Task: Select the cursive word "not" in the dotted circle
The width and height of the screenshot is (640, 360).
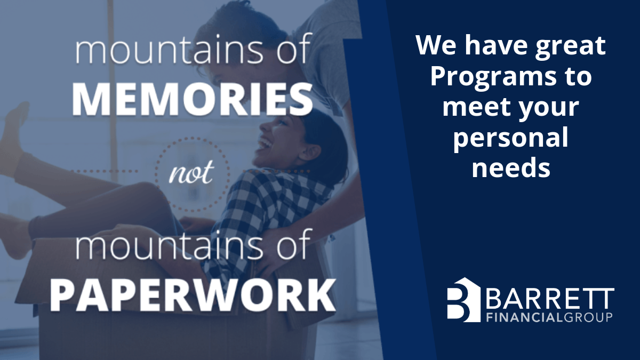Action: [191, 172]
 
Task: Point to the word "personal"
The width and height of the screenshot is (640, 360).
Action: [510, 139]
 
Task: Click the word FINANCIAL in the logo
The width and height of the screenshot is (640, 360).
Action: [525, 317]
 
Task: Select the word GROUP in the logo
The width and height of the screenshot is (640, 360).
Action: [587, 317]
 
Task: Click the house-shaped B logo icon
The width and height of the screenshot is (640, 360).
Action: [463, 300]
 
